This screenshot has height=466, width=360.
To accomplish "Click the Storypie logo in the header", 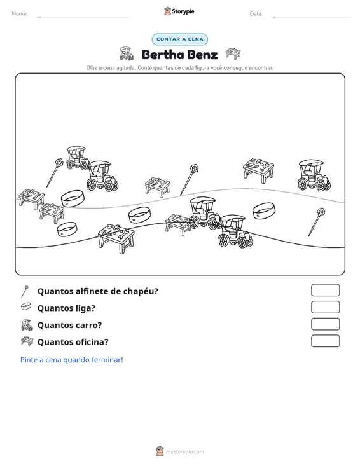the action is tap(179, 11).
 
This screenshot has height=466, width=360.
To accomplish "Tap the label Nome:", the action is tap(20, 14).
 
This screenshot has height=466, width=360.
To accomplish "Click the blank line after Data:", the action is tap(310, 17).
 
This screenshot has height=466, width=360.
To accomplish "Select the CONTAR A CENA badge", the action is tap(180, 39).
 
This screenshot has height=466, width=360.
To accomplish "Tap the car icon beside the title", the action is tap(127, 53).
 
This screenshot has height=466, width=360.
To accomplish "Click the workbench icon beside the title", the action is tap(233, 53).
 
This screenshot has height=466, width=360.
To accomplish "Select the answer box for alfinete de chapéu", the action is tap(326, 290).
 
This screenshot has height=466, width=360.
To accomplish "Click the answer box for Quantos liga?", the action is tap(326, 307).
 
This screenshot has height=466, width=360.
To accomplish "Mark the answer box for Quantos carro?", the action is tap(326, 324).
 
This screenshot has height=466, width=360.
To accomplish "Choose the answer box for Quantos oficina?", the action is tap(326, 341).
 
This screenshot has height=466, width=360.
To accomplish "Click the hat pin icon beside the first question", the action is tap(25, 291).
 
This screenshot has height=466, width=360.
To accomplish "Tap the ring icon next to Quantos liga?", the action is tap(26, 306).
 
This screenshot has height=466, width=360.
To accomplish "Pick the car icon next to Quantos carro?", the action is tap(27, 325).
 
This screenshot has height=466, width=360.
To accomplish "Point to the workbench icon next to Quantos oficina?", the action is tap(27, 341).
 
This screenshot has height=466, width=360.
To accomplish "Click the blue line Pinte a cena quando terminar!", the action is tap(72, 360).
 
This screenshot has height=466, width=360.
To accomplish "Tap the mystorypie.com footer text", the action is tap(185, 452).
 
